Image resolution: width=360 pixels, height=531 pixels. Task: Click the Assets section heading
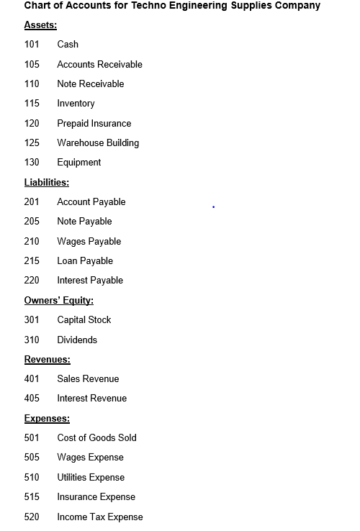point(40,25)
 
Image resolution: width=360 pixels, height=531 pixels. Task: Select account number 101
point(32,45)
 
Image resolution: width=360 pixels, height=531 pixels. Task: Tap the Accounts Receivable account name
point(99,65)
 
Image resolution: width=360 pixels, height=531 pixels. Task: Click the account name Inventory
point(76,104)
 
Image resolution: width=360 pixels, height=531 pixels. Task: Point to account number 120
point(32,124)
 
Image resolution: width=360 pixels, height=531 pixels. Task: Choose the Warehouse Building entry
point(98,143)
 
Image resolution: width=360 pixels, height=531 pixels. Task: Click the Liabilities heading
point(47,183)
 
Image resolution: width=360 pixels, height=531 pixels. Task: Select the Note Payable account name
point(84,222)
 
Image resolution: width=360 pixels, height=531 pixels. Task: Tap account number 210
point(32,242)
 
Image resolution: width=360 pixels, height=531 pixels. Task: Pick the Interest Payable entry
point(90,281)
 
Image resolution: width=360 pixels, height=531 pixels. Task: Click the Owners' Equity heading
point(59,301)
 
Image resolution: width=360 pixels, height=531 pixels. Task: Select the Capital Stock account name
point(84,320)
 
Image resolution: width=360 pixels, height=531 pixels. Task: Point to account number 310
point(32,340)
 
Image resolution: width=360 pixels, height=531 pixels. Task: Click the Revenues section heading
point(48,360)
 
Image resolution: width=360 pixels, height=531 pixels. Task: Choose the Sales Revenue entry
point(88,379)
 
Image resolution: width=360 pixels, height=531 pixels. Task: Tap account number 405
point(32,399)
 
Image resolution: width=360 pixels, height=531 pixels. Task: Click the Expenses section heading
point(47,419)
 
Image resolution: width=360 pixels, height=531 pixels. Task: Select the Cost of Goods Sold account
point(96,438)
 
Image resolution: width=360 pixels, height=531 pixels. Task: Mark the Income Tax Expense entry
point(100,517)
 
